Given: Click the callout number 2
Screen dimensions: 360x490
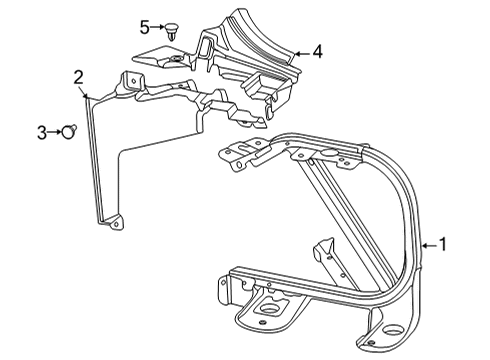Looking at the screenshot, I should point(78,75).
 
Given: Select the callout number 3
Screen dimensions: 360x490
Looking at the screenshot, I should point(41,130).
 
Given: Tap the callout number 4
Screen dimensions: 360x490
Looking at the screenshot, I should point(316,49).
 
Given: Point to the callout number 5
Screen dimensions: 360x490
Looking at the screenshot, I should point(143,26).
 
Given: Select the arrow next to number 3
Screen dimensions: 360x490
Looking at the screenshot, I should point(55,130).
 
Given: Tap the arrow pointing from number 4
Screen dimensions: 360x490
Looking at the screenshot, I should point(300,50).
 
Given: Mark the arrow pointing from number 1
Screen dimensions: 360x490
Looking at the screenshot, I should point(429,243).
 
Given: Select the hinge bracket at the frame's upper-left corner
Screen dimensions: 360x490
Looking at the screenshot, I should point(240,156).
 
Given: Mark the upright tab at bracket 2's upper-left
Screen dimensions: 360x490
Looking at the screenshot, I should point(129,80).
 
